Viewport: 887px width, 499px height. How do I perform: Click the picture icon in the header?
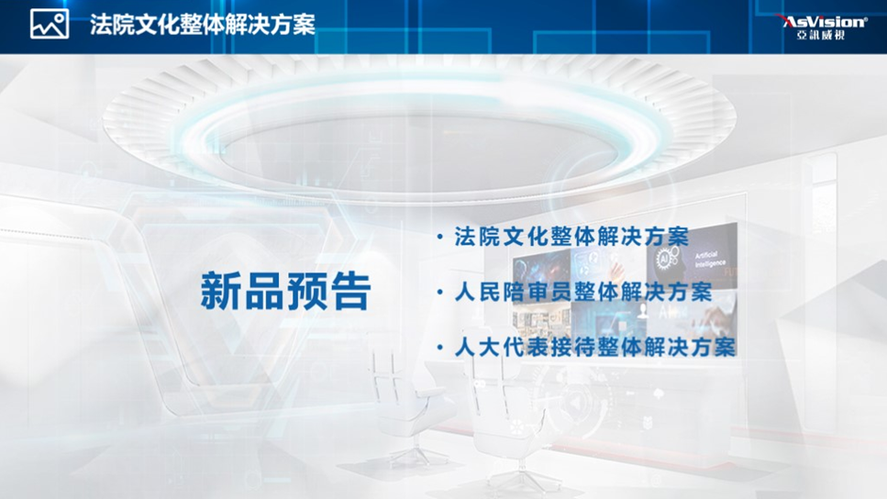tap(50, 25)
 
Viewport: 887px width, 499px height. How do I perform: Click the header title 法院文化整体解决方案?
tap(203, 25)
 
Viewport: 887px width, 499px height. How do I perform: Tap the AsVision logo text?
tap(824, 21)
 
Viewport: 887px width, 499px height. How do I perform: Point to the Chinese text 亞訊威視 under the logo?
tap(821, 35)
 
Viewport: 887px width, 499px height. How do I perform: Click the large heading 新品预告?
tap(285, 291)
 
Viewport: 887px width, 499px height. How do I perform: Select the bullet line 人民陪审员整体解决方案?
tap(583, 293)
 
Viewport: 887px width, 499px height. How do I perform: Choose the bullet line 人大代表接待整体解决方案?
tap(595, 347)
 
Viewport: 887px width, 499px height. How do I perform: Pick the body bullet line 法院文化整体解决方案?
tap(571, 237)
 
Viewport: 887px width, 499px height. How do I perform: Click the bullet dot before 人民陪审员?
tap(439, 293)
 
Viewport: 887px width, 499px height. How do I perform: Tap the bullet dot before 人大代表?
tap(439, 348)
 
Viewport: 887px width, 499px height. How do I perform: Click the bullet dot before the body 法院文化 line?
tap(439, 237)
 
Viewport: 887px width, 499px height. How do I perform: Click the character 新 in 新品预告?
tap(221, 291)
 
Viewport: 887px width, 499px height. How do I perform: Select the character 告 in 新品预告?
tap(351, 291)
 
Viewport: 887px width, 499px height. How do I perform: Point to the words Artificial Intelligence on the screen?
tap(710, 260)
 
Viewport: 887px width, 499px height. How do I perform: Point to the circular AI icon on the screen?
tap(663, 260)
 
